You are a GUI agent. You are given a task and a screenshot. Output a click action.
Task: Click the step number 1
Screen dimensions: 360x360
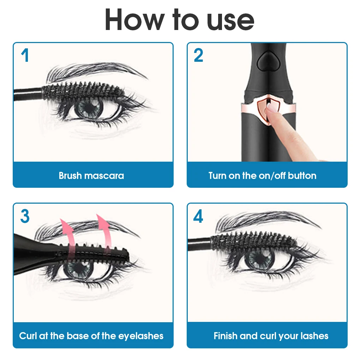click(24, 56)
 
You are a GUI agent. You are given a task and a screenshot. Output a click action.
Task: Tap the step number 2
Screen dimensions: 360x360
click(198, 56)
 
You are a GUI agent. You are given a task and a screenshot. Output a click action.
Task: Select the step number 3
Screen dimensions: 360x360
click(25, 216)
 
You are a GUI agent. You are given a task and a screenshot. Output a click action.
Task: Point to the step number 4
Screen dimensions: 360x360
click(198, 216)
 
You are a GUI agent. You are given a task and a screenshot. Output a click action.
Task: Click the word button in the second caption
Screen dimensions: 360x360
click(302, 175)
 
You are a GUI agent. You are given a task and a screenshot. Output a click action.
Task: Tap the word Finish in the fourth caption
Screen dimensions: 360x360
click(226, 336)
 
